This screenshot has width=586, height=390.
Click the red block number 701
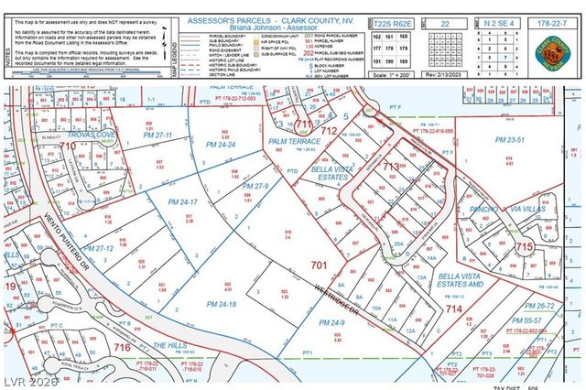click(319, 265)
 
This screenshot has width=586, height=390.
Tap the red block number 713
click(391, 166)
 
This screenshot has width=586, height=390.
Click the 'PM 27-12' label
click(98, 248)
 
